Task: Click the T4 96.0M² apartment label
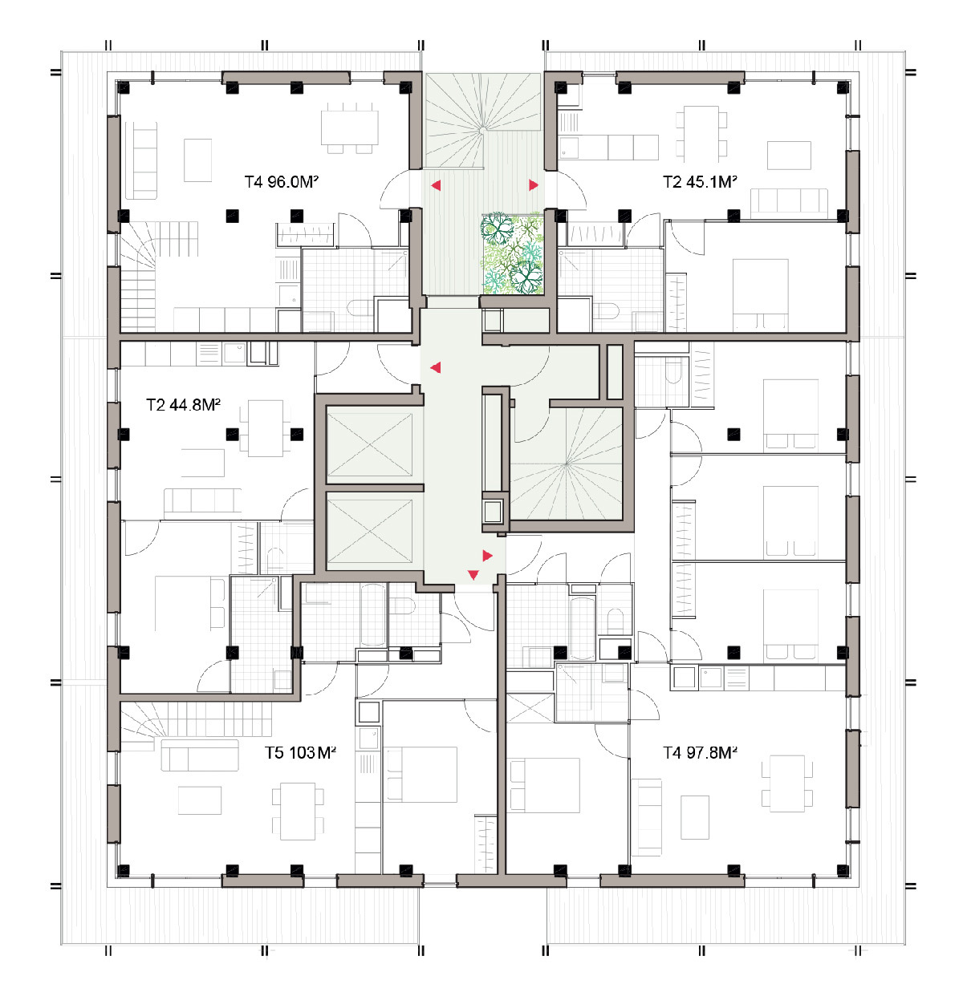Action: [281, 182]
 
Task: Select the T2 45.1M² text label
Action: [699, 182]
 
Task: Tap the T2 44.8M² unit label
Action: [183, 405]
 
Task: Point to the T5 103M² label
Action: [300, 753]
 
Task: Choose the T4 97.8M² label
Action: [699, 753]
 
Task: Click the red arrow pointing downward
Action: [473, 575]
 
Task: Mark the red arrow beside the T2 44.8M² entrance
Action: [436, 367]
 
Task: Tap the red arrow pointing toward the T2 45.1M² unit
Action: [533, 184]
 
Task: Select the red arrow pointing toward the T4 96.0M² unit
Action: [436, 184]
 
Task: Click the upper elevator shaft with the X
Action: [369, 444]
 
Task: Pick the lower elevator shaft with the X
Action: [369, 530]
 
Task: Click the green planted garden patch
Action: [511, 254]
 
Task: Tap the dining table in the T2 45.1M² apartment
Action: [701, 133]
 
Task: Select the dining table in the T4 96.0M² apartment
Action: [349, 128]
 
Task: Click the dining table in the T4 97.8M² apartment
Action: [786, 784]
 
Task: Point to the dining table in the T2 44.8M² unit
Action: [266, 428]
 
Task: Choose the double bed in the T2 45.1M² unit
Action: [760, 294]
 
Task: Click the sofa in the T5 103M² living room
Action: [199, 755]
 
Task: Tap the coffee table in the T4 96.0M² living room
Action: [197, 160]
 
